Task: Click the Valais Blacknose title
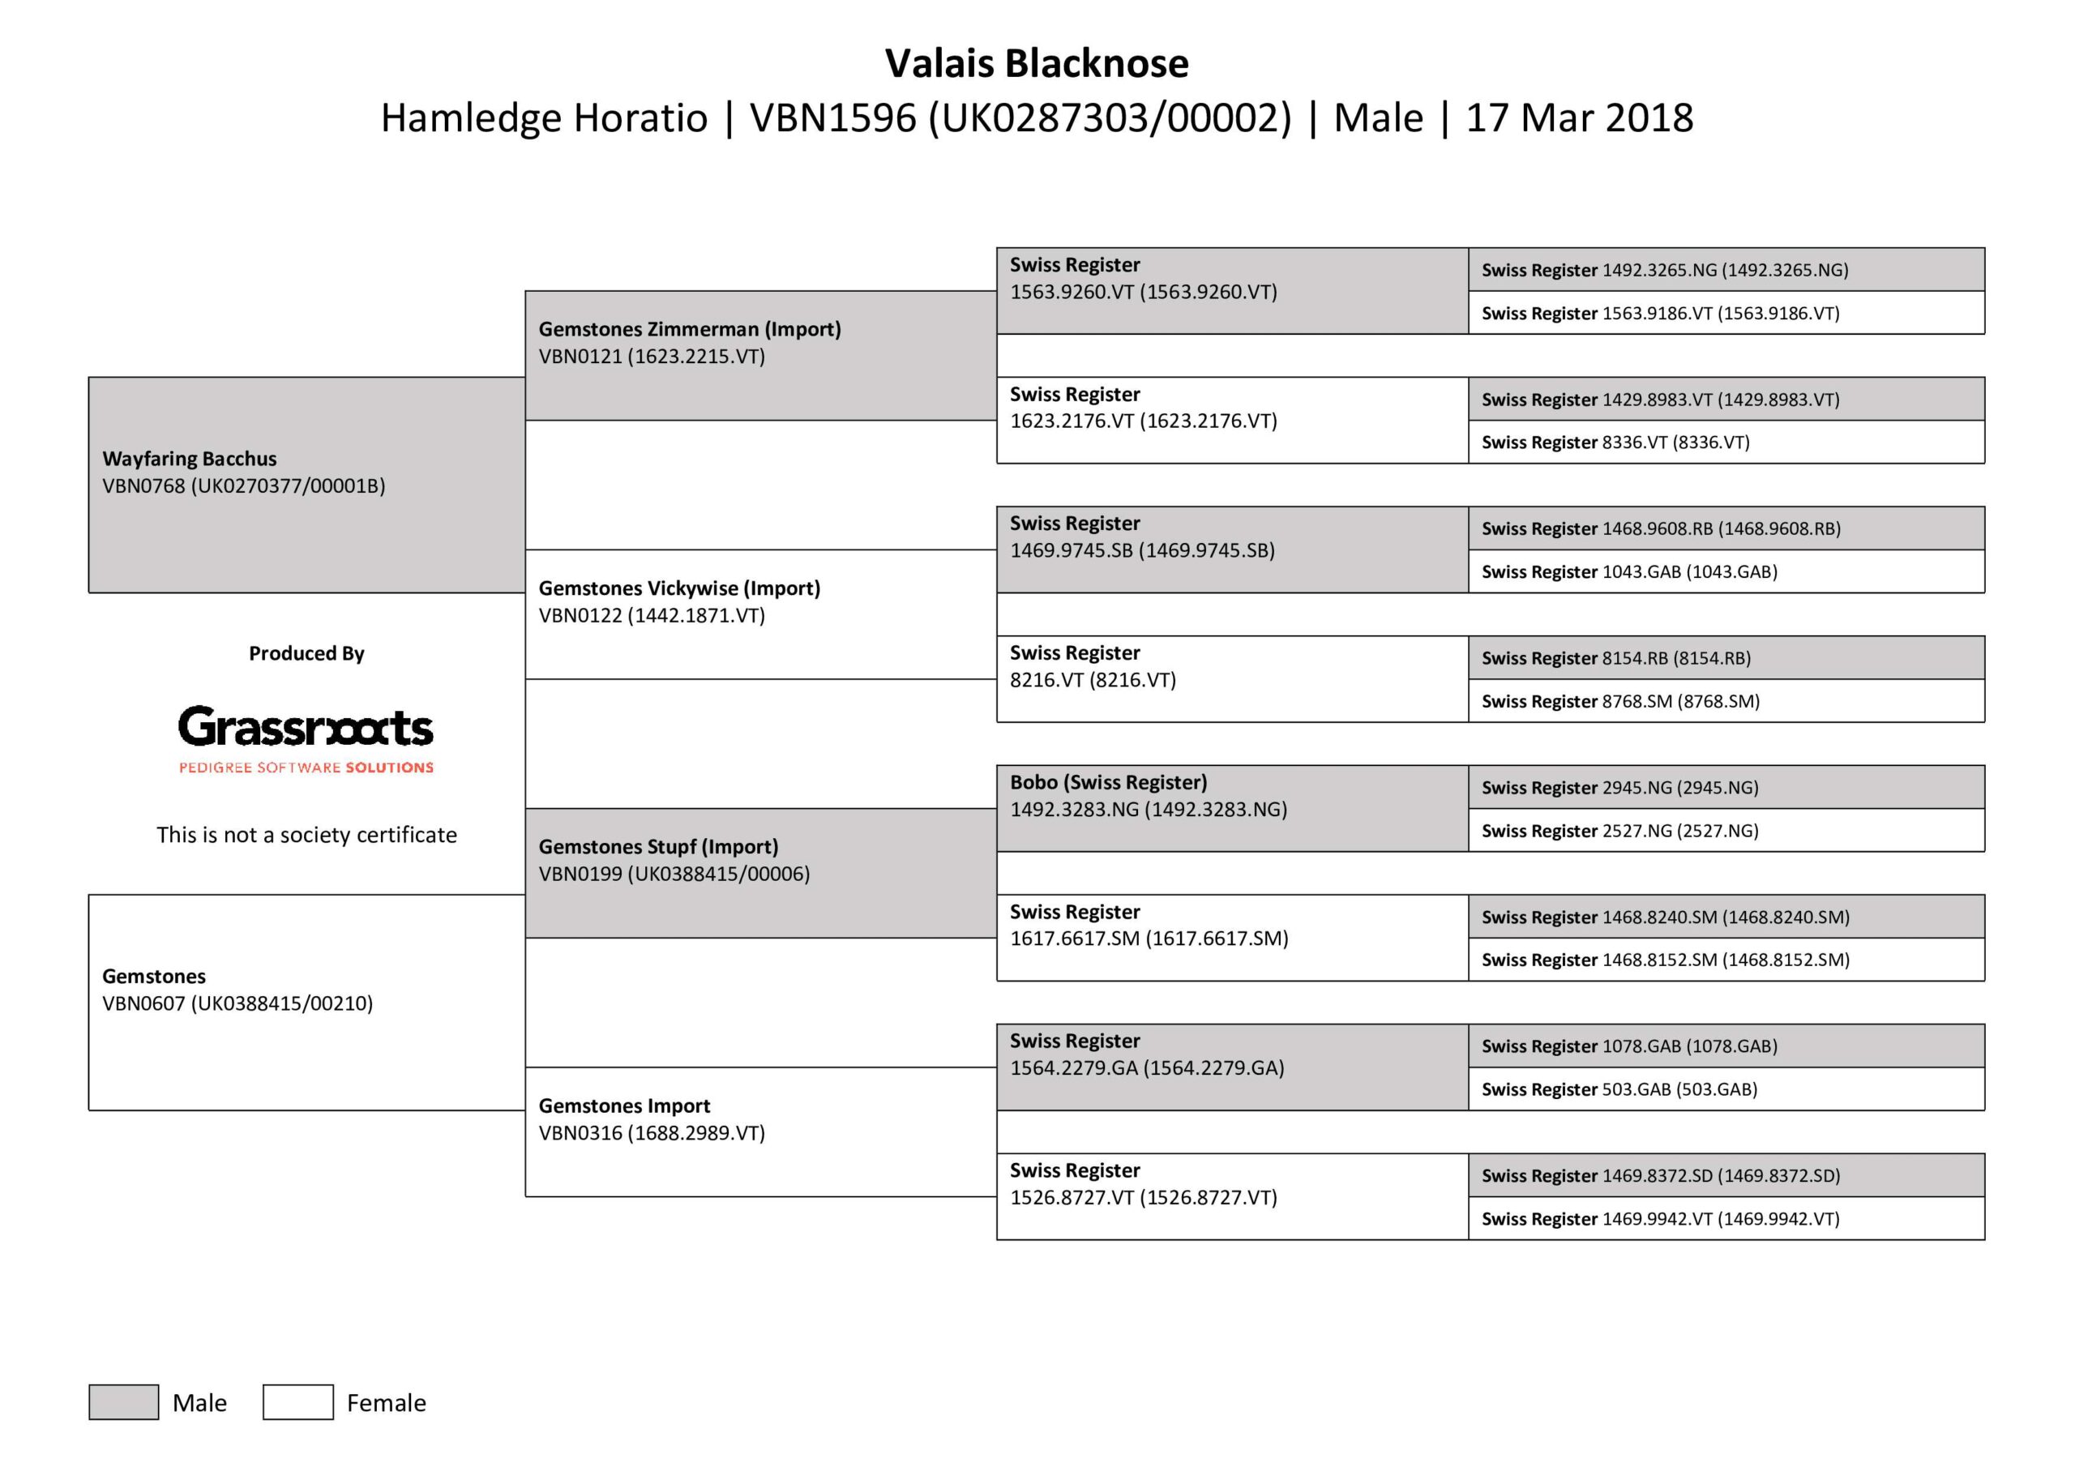click(x=1037, y=63)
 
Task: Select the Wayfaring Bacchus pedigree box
click(x=306, y=485)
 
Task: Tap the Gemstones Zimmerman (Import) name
click(x=690, y=329)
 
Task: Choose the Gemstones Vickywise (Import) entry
click(x=679, y=588)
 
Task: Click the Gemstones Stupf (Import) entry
click(x=658, y=847)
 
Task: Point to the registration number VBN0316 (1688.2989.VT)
click(x=652, y=1133)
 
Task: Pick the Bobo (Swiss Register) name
click(x=1108, y=783)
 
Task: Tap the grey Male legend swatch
click(x=124, y=1402)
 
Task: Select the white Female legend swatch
click(x=298, y=1402)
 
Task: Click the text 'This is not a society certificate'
click(x=306, y=834)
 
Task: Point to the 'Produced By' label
click(x=306, y=653)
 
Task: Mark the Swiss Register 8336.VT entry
click(x=1615, y=443)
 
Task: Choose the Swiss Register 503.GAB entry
click(x=1619, y=1089)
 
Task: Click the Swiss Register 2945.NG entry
click(x=1619, y=787)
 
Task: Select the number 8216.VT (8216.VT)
click(x=1093, y=680)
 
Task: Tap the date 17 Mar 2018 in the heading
click(x=1579, y=118)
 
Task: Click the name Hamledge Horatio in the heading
click(x=543, y=118)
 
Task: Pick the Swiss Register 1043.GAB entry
click(x=1628, y=572)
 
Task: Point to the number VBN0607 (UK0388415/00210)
click(x=237, y=1003)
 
